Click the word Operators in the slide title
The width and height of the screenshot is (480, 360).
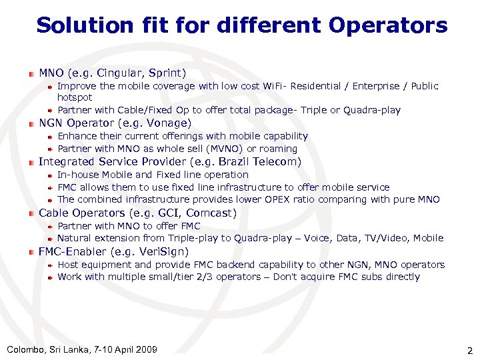click(388, 26)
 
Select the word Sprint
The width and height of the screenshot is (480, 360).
click(167, 73)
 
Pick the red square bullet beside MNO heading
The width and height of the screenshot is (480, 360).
click(31, 73)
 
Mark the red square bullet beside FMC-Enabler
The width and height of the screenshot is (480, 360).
click(31, 252)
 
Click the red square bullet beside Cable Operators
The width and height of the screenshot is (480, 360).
click(31, 213)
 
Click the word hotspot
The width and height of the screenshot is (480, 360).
click(75, 97)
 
